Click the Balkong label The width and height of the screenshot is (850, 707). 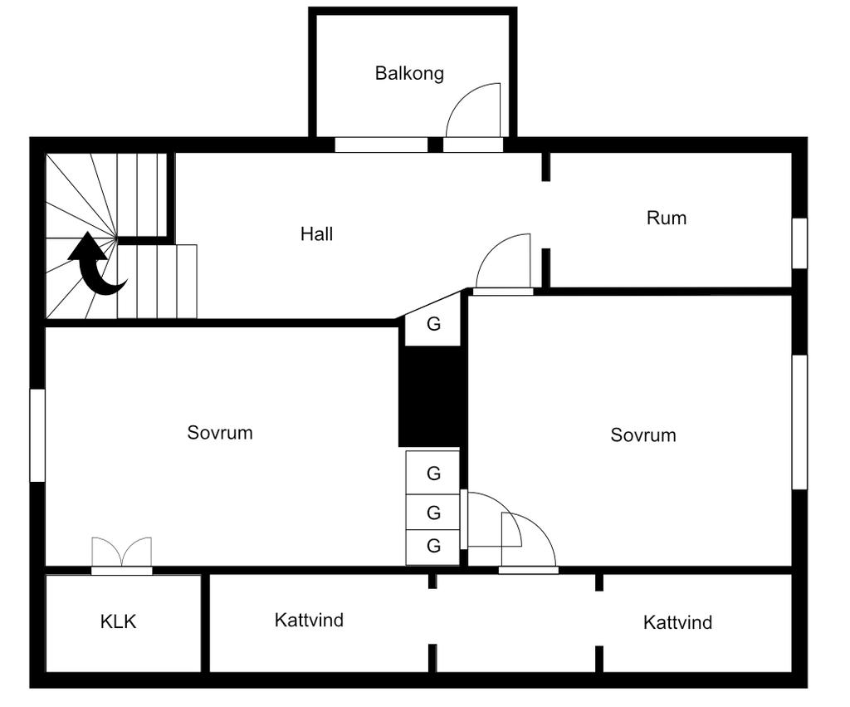coord(409,73)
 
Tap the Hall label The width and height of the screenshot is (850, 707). coord(316,234)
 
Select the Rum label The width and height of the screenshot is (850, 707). coord(666,218)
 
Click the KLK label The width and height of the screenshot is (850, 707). coord(118,621)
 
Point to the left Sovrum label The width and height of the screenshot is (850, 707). coord(219,433)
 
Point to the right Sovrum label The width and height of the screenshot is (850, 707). coord(642,435)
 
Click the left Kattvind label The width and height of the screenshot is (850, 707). coord(309,620)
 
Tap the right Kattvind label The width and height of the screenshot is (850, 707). coord(677,622)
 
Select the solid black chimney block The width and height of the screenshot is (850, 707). coord(431,396)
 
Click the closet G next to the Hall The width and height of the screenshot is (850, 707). coord(433,324)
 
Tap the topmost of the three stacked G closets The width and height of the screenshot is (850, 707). coord(432,474)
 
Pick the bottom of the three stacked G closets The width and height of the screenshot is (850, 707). coord(432,547)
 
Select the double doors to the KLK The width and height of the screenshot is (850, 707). coord(122,555)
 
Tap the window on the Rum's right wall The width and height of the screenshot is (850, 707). coord(799,243)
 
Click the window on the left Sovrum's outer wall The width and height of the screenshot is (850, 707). coord(37,435)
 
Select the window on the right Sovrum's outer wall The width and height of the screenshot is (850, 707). coord(799,422)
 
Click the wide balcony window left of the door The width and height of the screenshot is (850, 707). coord(381,145)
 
